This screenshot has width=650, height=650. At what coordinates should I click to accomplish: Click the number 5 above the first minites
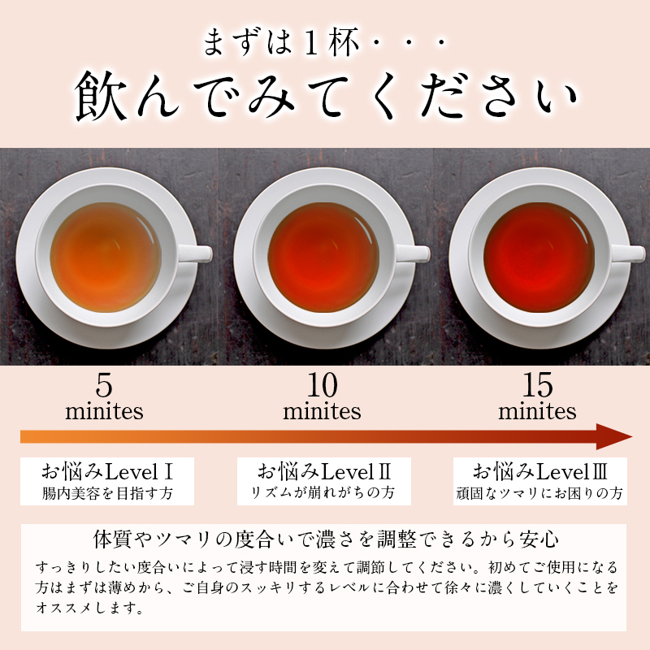click(x=104, y=385)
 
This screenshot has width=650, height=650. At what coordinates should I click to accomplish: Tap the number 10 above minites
click(x=322, y=385)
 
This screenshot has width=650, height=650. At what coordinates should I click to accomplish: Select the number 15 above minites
click(x=537, y=385)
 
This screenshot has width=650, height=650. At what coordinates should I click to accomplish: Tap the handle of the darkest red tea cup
click(x=628, y=253)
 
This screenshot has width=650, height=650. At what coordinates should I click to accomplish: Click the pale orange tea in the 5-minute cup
click(x=106, y=257)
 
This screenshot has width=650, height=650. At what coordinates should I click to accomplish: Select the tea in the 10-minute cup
click(x=323, y=257)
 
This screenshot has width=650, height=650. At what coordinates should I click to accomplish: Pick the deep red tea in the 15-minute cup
click(x=539, y=257)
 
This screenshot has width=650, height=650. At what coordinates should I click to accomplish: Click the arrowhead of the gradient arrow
click(x=613, y=436)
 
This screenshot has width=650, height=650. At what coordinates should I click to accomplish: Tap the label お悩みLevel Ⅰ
click(x=107, y=472)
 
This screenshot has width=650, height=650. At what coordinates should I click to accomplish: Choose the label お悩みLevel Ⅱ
click(x=324, y=472)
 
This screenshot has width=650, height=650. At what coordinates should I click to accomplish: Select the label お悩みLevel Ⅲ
click(x=540, y=472)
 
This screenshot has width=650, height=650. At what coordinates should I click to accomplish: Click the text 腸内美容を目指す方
click(x=107, y=493)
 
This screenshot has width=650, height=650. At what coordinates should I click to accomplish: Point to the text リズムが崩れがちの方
click(x=323, y=492)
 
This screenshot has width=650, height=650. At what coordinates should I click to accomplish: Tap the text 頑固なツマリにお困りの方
click(x=539, y=493)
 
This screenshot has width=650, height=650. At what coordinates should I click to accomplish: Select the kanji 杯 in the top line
click(x=343, y=43)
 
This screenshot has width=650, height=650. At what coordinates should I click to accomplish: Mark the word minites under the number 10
click(x=322, y=411)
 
